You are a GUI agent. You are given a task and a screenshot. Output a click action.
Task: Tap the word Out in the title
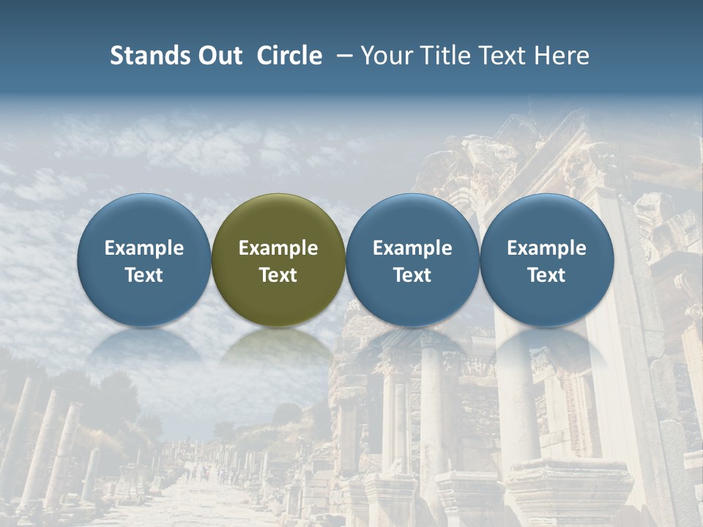217,56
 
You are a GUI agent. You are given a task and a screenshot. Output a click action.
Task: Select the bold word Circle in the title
289,56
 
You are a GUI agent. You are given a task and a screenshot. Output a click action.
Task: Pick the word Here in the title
562,56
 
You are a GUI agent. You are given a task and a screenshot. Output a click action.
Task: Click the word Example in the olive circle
278,248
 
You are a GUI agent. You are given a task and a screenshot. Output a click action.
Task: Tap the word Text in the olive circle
278,275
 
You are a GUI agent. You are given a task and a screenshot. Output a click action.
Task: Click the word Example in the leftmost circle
144,248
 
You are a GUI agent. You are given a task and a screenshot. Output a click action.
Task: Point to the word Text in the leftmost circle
144,275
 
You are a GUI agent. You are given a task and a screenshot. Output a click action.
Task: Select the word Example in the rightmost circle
547,248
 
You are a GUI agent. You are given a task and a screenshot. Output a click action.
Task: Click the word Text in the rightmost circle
547,275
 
